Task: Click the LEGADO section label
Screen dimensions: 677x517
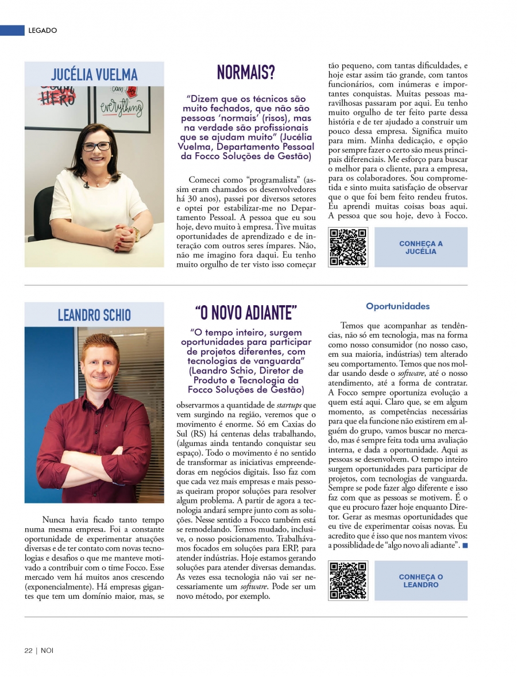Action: click(43, 30)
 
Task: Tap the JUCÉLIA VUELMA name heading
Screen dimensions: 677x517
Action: click(94, 75)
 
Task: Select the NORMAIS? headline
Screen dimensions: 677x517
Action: click(246, 72)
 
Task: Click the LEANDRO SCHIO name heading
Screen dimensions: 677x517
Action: click(94, 315)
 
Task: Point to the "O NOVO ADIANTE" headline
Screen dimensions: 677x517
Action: click(246, 313)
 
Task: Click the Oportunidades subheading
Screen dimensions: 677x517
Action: click(398, 306)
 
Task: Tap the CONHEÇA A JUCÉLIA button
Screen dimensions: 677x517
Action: click(420, 247)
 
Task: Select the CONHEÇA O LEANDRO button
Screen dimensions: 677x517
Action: click(420, 580)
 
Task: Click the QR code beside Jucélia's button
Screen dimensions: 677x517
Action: click(348, 247)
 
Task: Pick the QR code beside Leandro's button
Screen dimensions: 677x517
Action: click(348, 580)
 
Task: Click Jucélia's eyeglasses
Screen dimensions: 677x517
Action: click(96, 147)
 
